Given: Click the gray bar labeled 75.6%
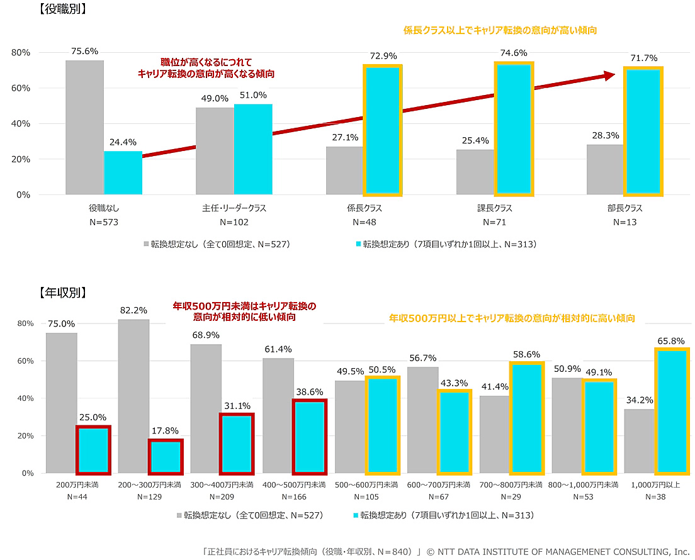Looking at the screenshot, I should click(85, 127).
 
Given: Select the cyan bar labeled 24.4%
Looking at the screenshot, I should click(123, 172).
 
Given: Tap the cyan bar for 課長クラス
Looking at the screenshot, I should click(514, 128).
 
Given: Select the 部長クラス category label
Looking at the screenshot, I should click(624, 208).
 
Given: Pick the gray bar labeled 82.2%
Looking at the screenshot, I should click(133, 396).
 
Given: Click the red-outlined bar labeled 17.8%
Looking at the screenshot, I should click(166, 457).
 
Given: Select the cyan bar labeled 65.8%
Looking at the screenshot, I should click(669, 411).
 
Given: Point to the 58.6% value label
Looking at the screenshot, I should click(527, 354).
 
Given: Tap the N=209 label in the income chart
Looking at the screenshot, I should click(222, 496).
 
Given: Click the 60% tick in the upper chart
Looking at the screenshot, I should click(21, 88).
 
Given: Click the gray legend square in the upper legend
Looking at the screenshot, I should click(145, 244).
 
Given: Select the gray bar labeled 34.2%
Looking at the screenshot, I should click(640, 441).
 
